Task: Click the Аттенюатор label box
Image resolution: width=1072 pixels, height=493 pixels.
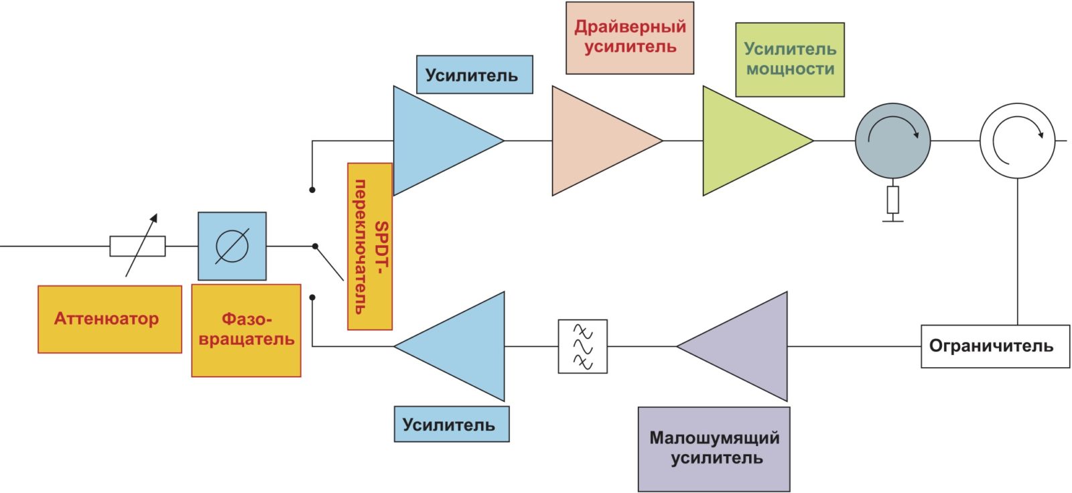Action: pos(109,319)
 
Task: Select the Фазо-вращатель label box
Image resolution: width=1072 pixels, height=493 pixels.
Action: pos(246,330)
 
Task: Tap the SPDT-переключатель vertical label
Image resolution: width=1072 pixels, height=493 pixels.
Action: pos(370,246)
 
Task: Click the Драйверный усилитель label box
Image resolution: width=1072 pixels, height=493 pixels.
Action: pos(630,38)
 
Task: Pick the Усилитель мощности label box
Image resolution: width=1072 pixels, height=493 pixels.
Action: pos(790,60)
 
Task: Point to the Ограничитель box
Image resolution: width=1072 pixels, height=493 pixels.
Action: pos(995,346)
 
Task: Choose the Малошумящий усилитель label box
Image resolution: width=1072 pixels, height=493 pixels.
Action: pos(714,449)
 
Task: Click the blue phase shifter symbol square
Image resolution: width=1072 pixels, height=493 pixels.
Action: pos(232,246)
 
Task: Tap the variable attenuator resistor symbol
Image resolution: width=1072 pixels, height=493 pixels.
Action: pos(137,246)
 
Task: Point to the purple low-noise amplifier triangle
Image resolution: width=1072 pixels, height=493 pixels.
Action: pos(744,346)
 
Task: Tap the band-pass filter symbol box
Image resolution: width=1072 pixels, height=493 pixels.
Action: pos(583,346)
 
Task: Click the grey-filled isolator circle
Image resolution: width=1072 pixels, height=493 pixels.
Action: pos(892,141)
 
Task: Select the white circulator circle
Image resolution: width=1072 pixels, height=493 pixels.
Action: pos(1017,141)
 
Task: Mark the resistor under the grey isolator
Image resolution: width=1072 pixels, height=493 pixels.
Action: pos(892,200)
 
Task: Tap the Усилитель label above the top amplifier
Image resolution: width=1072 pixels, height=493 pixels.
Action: pos(474,74)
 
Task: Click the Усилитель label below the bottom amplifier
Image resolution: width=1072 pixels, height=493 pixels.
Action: pos(452,424)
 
